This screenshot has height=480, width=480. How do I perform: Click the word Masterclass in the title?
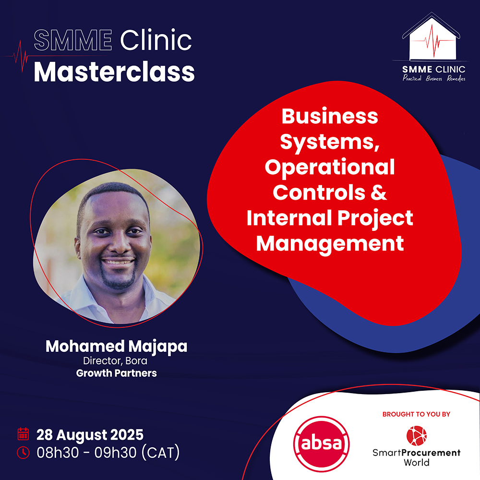pos(114,72)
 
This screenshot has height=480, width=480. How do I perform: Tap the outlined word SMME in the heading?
pos(73,40)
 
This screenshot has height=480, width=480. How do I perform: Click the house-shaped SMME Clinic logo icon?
pos(432,36)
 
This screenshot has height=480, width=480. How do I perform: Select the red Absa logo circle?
pos(322,444)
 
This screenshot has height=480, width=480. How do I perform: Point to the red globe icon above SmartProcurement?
pos(416,436)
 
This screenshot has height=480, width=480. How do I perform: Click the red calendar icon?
pos(23,434)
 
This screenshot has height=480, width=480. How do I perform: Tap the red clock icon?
pos(23,453)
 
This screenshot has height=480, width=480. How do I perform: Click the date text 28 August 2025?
pos(90,435)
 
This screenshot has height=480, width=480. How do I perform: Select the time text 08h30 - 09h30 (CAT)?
pos(108,453)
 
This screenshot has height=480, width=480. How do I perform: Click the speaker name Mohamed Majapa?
pos(116,347)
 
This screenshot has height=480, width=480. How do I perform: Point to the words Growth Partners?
pos(116,373)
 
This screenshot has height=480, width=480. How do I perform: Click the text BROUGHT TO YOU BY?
pos(416,414)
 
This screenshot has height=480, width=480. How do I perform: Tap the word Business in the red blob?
pos(330,116)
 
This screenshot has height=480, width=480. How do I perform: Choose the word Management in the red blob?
pos(330,244)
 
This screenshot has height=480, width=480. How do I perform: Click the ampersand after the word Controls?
pos(379,192)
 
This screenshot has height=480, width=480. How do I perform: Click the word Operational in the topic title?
pos(330,168)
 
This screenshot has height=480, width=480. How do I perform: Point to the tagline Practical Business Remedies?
pos(434,78)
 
